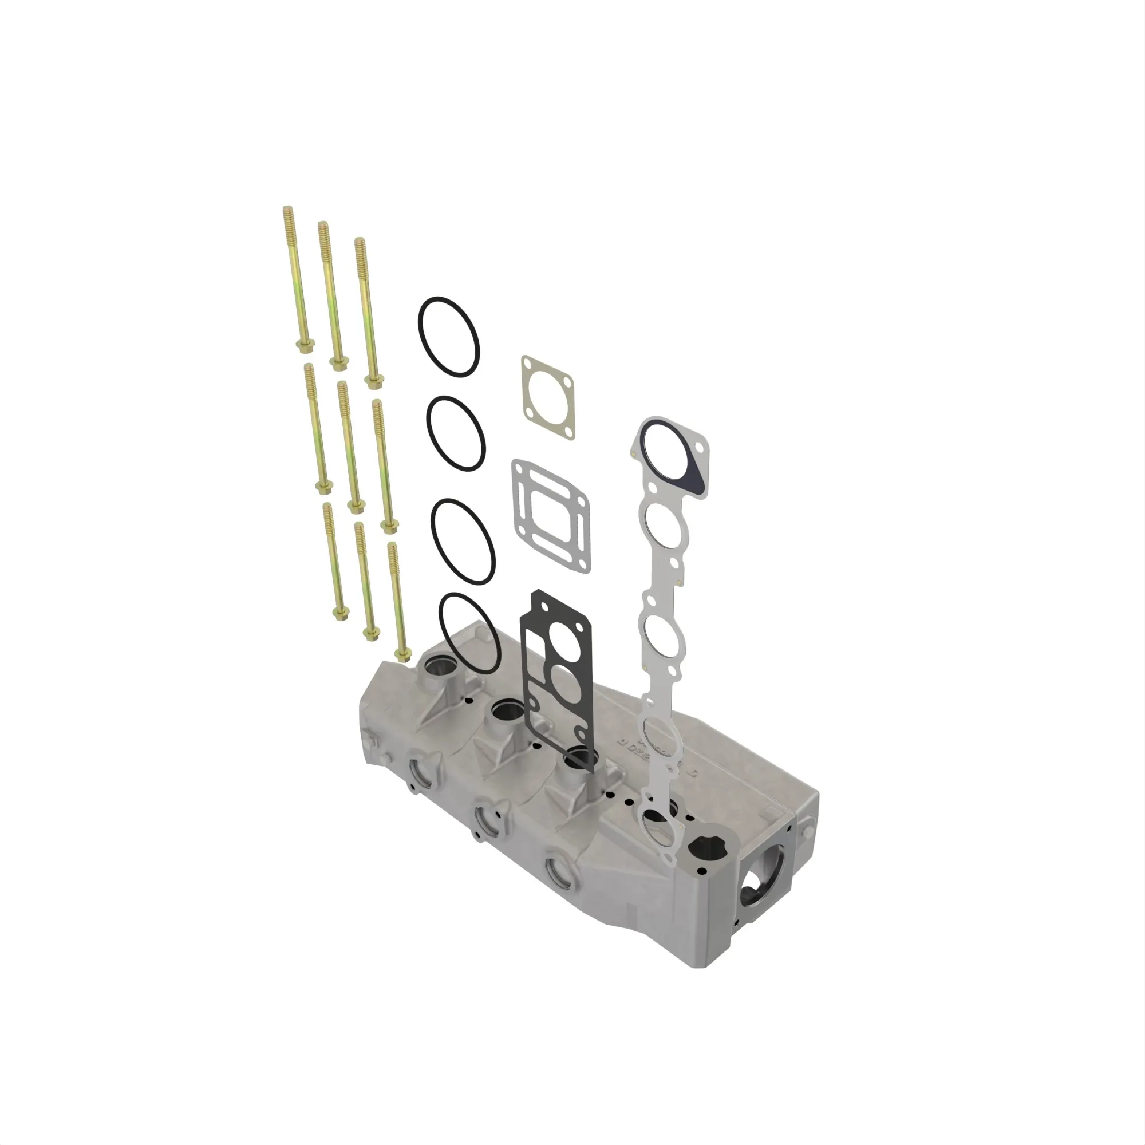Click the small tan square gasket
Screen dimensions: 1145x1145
(x=548, y=397)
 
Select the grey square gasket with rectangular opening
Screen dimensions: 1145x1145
(x=551, y=516)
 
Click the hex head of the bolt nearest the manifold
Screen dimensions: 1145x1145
(x=403, y=654)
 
